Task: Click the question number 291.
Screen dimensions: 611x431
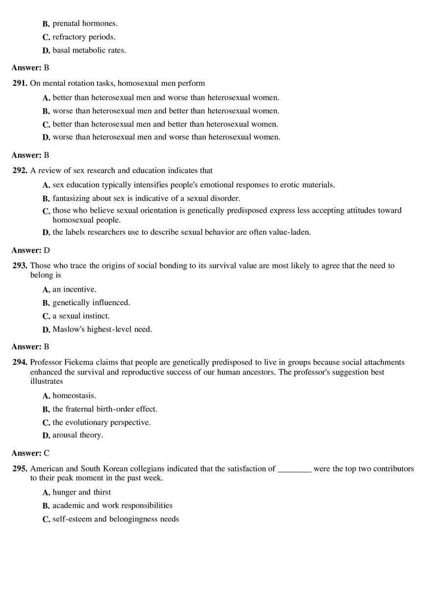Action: [x=20, y=83]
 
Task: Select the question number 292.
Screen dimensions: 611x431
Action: [x=20, y=171]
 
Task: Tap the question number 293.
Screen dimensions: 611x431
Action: [x=20, y=266]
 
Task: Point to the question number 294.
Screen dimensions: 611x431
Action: [x=20, y=363]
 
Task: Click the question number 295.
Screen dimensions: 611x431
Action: [x=20, y=469]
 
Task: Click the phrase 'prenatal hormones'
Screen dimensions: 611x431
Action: [x=85, y=24]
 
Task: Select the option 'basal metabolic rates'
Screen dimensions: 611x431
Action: [x=89, y=50]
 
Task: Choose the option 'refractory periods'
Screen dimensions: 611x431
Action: [x=84, y=37]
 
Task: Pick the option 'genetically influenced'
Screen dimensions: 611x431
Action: [x=91, y=303]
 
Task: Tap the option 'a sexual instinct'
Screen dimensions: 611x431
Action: [x=81, y=316]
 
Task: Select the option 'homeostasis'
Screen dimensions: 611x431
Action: [x=74, y=395]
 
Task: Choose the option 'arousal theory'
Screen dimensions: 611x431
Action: [x=78, y=435]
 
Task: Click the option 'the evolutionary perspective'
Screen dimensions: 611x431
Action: [x=101, y=422]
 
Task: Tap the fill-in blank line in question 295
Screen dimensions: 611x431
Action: [x=294, y=469]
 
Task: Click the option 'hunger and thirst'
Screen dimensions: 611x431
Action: [x=82, y=492]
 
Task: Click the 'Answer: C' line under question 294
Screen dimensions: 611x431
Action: [x=30, y=453]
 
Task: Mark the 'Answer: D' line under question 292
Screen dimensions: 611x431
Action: [x=30, y=250]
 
